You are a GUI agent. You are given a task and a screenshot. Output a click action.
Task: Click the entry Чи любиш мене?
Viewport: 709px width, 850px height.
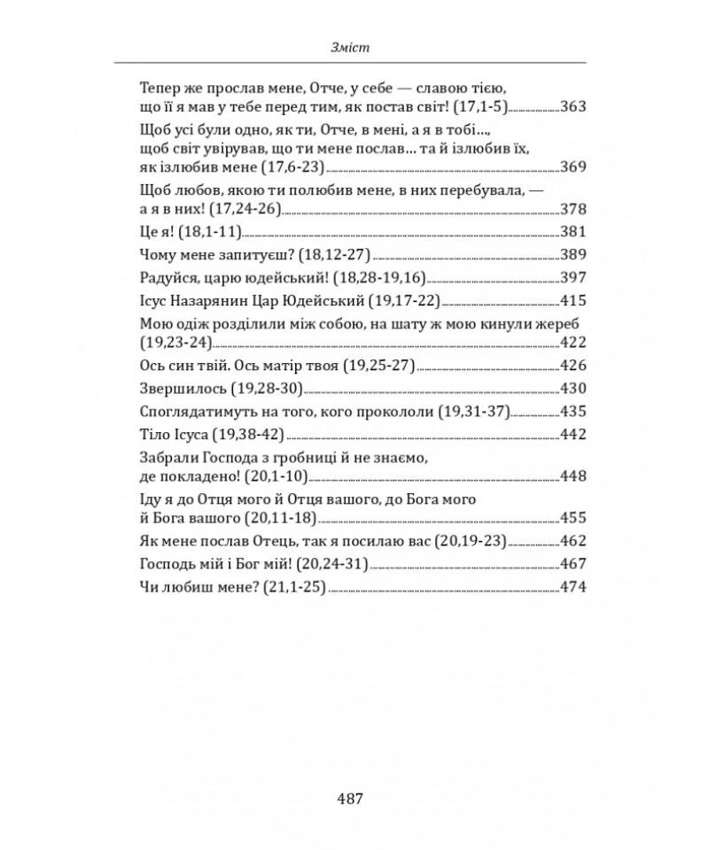(196, 586)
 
